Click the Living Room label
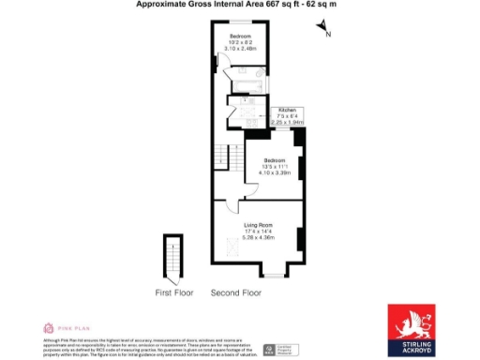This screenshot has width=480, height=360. pos(258,225)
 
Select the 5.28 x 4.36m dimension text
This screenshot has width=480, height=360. pos(259,237)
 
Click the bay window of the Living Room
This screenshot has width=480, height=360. pos(273,275)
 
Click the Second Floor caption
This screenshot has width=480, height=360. pos(235,292)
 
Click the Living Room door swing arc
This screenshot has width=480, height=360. pos(249,193)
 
